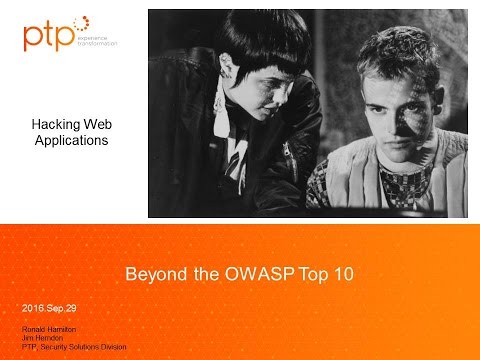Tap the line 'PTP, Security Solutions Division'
(73, 347)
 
